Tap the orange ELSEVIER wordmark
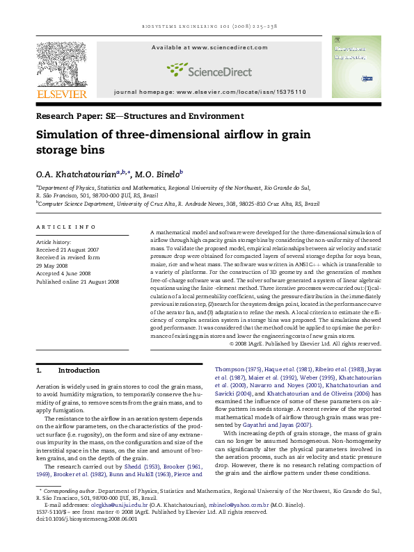[x=62, y=93]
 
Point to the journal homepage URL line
[x=209, y=92]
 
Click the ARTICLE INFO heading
[x=65, y=227]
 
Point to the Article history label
[x=53, y=241]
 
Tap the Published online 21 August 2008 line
[x=77, y=282]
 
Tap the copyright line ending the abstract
[x=305, y=343]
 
